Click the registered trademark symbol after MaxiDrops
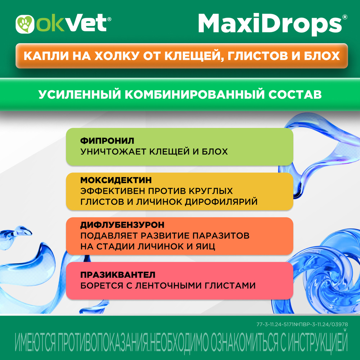pos(345,17)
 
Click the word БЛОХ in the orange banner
pos(322,56)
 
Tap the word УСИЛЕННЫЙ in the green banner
pos(80,94)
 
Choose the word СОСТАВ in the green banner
pos(295,94)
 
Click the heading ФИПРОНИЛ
pos(107,141)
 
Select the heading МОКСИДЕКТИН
pos(116,180)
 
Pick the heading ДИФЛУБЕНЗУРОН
pos(122,225)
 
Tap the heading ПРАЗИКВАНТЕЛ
pos(118,275)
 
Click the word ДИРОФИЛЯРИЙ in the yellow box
pos(221,202)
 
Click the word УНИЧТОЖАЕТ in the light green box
pos(113,152)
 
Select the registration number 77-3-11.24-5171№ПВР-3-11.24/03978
pos(302,324)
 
